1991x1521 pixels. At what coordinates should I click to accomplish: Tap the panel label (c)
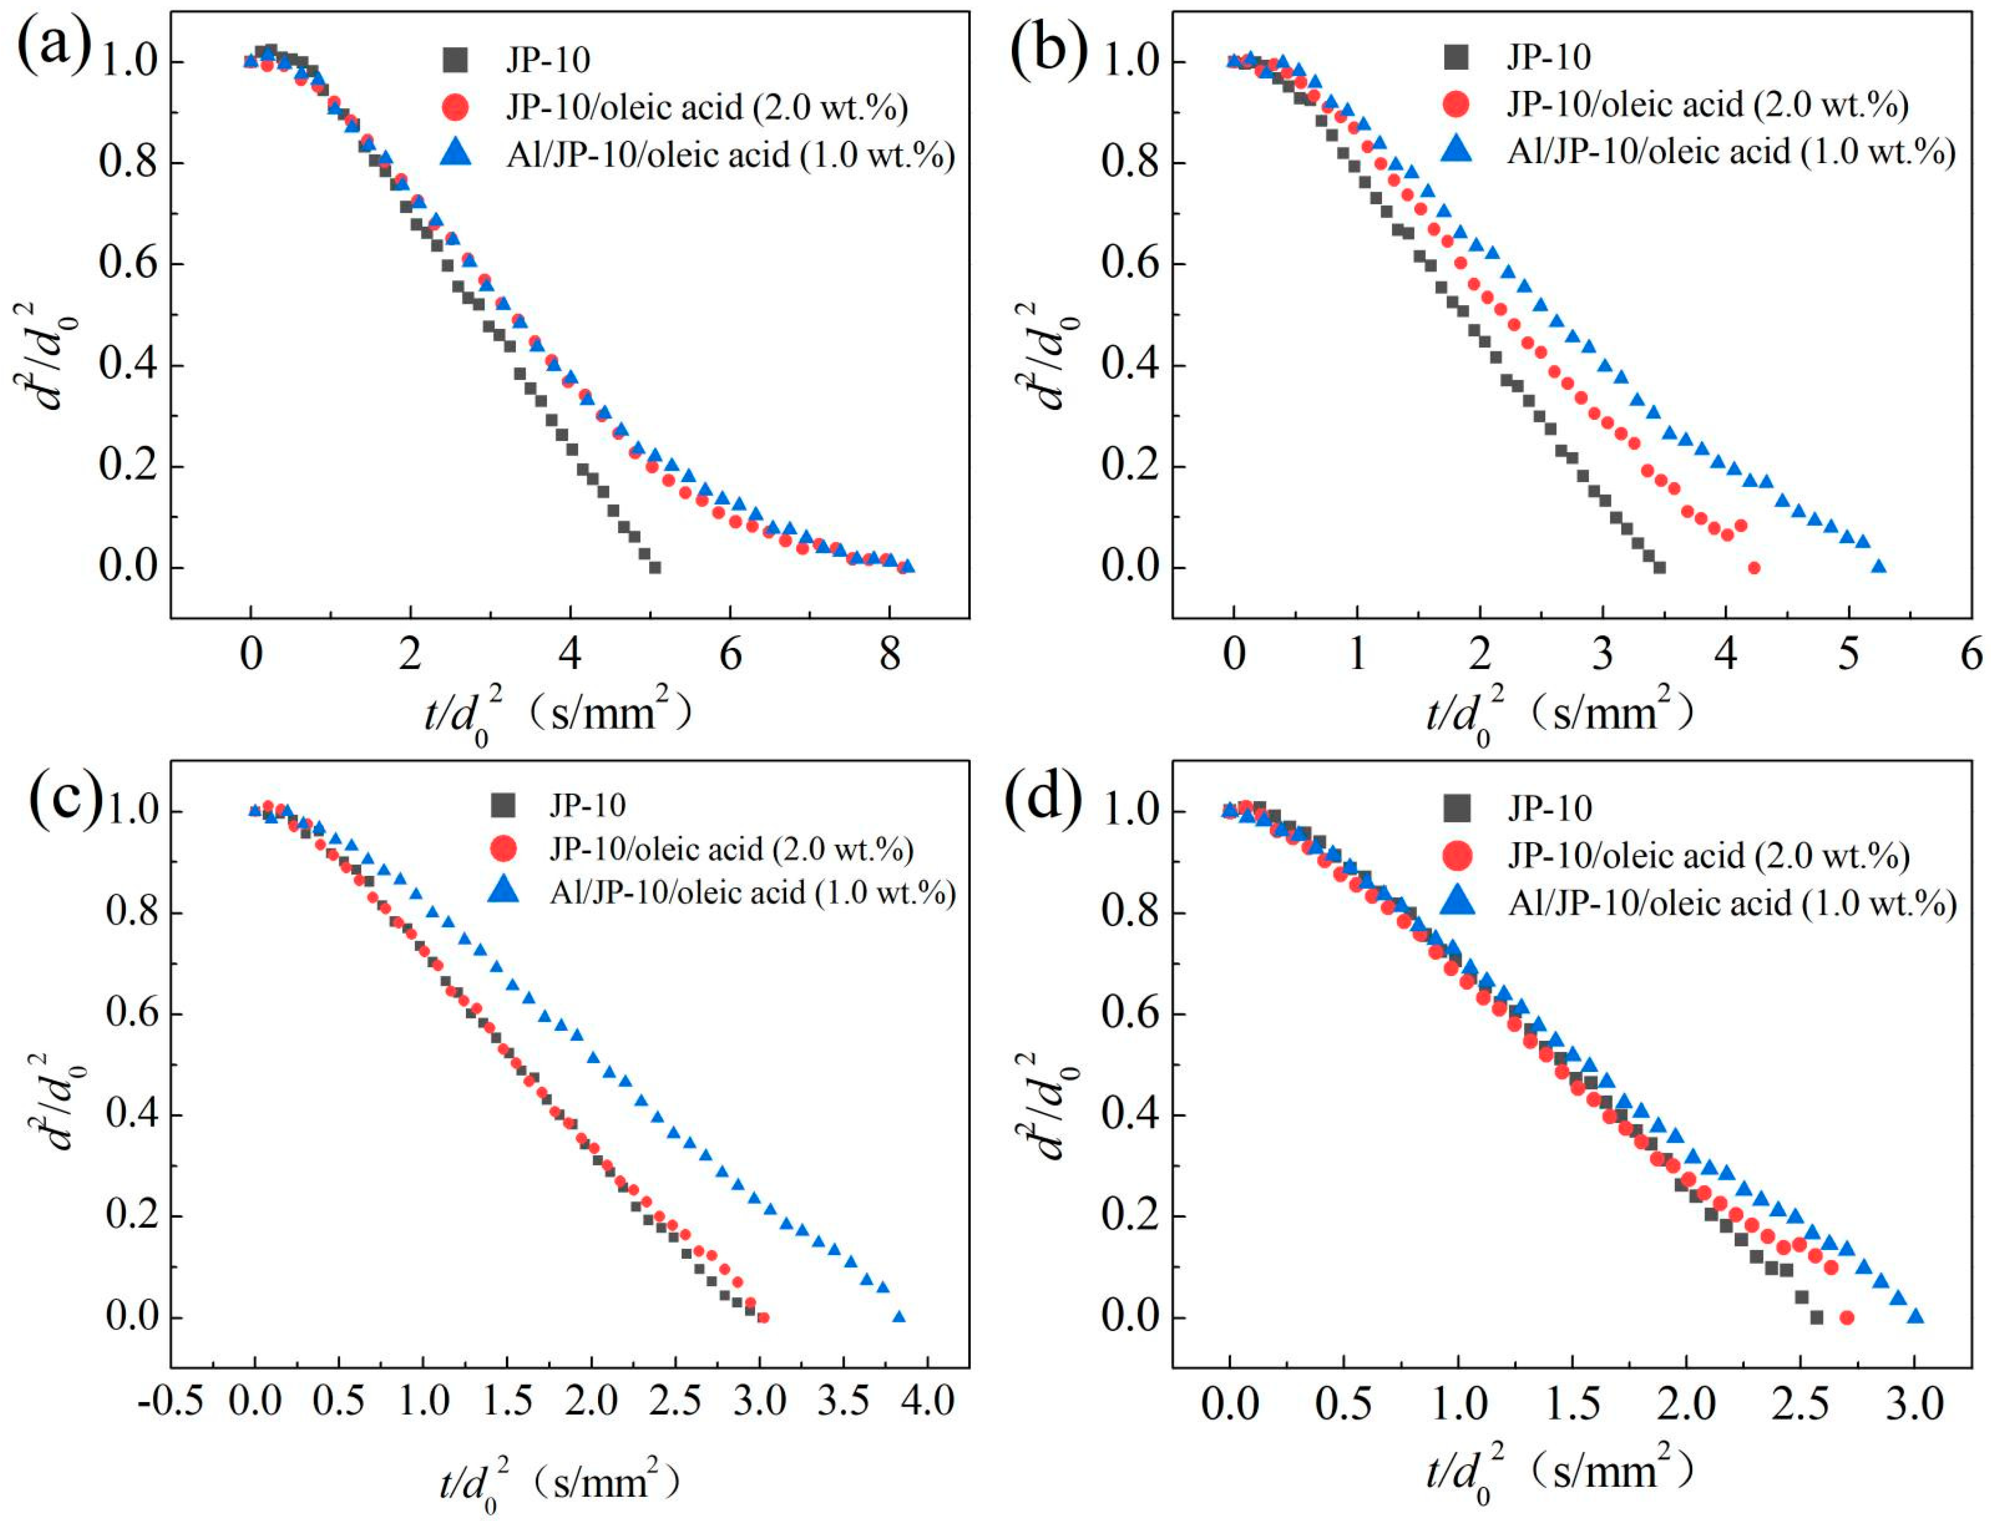(x=65, y=799)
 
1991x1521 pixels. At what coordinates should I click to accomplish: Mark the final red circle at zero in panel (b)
(x=1754, y=567)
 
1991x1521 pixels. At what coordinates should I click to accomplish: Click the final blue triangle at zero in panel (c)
(x=899, y=1316)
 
